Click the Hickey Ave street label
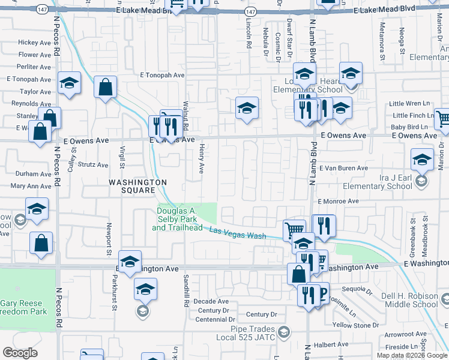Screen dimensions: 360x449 [x=34, y=43]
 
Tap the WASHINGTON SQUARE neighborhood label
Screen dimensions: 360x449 [x=137, y=186]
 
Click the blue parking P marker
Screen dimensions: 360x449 [x=322, y=293]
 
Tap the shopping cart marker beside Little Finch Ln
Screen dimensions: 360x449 [x=442, y=119]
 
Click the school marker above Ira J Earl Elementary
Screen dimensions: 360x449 [x=422, y=159]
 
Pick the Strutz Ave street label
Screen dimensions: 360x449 [x=93, y=164]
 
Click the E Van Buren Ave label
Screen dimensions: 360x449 [x=343, y=169]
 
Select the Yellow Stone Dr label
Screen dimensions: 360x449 [x=354, y=325]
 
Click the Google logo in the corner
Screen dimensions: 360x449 [x=20, y=353]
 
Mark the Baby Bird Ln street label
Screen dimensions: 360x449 [x=409, y=127]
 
